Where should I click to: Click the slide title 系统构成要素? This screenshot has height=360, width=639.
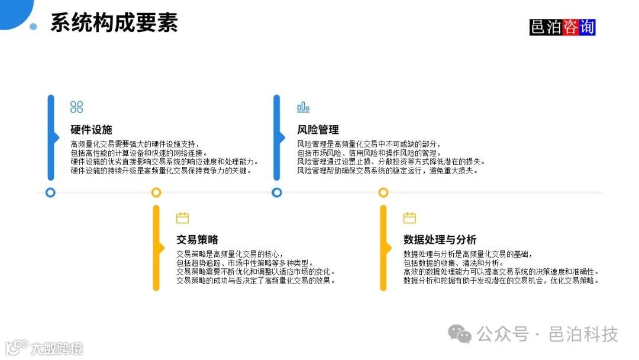pos(114,22)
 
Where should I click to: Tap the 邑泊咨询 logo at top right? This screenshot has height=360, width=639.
pos(562,27)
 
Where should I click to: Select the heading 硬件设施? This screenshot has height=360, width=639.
pos(91,130)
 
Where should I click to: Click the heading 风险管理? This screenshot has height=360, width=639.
pos(318,130)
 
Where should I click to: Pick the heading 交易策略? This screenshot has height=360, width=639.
pos(197,240)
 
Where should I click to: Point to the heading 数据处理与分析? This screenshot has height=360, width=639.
pos(440,240)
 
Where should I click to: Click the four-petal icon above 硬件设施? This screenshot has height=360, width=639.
pos(76,107)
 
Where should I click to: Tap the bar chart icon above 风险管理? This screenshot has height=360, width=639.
pos(303,107)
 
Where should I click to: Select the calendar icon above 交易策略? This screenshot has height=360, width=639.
pos(182,218)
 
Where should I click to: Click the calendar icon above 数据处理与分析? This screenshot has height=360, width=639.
pos(409,218)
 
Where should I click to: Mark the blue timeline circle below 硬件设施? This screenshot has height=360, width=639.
pos(50,192)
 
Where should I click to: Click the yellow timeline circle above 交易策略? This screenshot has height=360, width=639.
pos(156,192)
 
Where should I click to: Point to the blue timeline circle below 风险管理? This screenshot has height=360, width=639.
pos(276,192)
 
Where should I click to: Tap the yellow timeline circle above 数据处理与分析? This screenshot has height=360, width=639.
pos(383,192)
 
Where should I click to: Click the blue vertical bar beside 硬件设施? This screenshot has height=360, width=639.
pos(51,137)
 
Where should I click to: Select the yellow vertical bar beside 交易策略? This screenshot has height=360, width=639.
pos(156,247)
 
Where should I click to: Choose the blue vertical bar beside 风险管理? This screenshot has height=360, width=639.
pos(276,137)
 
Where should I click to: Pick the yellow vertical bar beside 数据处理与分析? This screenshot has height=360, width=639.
pos(383,247)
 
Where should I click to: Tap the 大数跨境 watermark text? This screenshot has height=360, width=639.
pos(57,348)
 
